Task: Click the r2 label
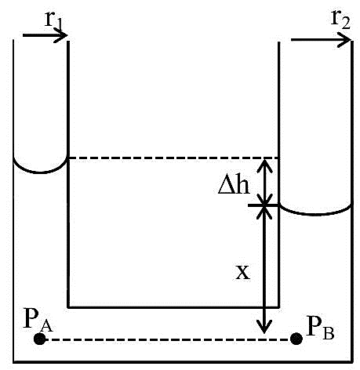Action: (340, 20)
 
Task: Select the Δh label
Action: (234, 184)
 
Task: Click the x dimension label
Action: (242, 273)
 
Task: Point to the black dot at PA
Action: (40, 339)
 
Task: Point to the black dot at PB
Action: (296, 339)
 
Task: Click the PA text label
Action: (38, 320)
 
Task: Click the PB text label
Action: (320, 328)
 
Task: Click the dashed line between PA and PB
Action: (168, 339)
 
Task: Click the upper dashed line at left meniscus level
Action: (173, 158)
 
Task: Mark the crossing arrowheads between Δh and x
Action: (264, 205)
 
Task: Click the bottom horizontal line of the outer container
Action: (183, 362)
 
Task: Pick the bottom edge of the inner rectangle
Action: (173, 307)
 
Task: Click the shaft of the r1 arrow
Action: (45, 35)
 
